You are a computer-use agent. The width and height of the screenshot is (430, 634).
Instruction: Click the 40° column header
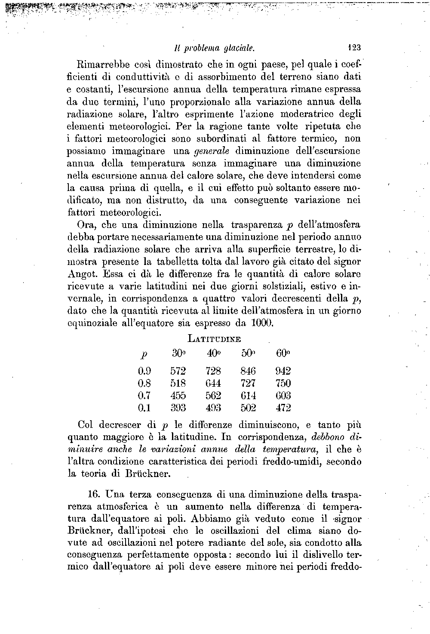tap(213, 354)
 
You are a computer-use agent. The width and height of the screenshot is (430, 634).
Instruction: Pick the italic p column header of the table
tap(144, 355)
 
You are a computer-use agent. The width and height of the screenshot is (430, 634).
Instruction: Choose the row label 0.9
tap(144, 371)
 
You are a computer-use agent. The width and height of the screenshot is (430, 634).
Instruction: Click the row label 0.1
tap(144, 408)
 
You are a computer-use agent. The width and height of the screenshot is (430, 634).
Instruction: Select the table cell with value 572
tap(178, 371)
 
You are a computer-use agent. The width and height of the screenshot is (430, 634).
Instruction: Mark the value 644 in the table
tap(213, 383)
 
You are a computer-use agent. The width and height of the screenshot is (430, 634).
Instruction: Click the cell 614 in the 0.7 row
tap(249, 395)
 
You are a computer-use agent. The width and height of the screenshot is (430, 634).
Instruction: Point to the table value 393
tap(178, 408)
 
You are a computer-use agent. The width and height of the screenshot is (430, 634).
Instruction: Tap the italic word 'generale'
tap(212, 151)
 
